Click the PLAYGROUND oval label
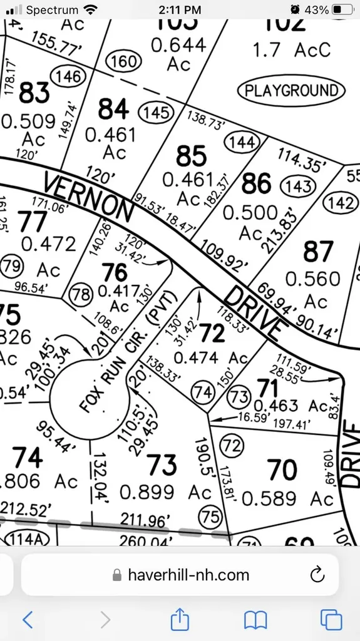(x=291, y=91)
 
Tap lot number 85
(x=192, y=155)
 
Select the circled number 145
(x=157, y=112)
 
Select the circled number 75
(x=209, y=516)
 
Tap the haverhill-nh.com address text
(x=188, y=575)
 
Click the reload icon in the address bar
(x=317, y=574)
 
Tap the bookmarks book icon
(x=255, y=620)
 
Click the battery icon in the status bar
(x=342, y=9)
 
